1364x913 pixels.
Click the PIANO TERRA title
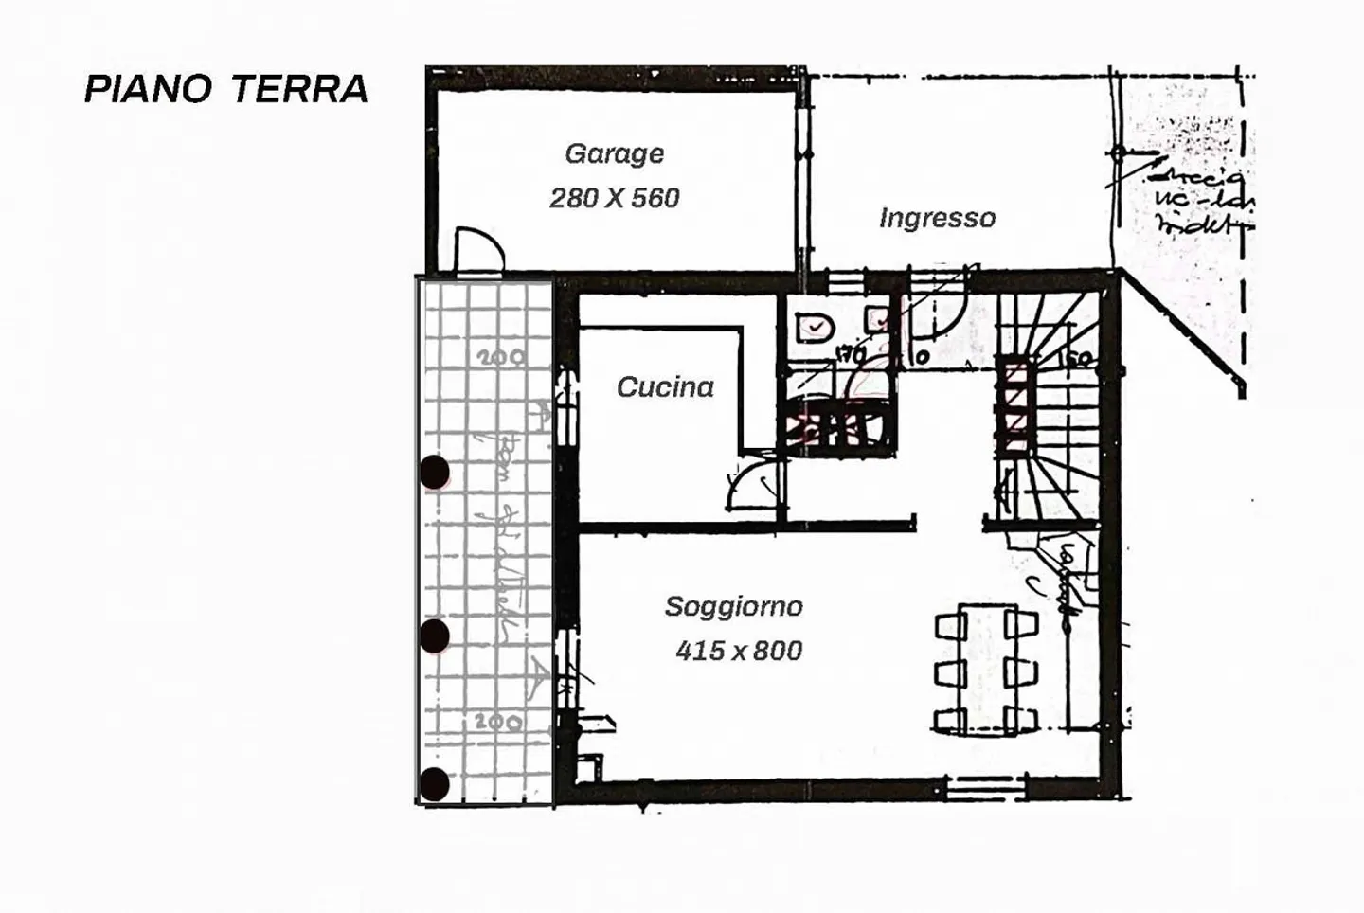click(226, 89)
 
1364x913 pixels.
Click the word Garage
click(614, 153)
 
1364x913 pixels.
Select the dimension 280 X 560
click(614, 198)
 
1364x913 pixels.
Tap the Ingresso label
click(937, 219)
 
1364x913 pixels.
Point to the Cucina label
click(665, 387)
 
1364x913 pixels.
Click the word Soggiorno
click(733, 606)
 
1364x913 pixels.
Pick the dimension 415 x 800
click(738, 651)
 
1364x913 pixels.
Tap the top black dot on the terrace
click(434, 472)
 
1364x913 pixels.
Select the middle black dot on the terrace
click(434, 636)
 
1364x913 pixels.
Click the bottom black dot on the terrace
click(434, 784)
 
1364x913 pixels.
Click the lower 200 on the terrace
click(497, 722)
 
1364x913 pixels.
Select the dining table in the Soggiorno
click(986, 668)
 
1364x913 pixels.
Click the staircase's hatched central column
click(1014, 404)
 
